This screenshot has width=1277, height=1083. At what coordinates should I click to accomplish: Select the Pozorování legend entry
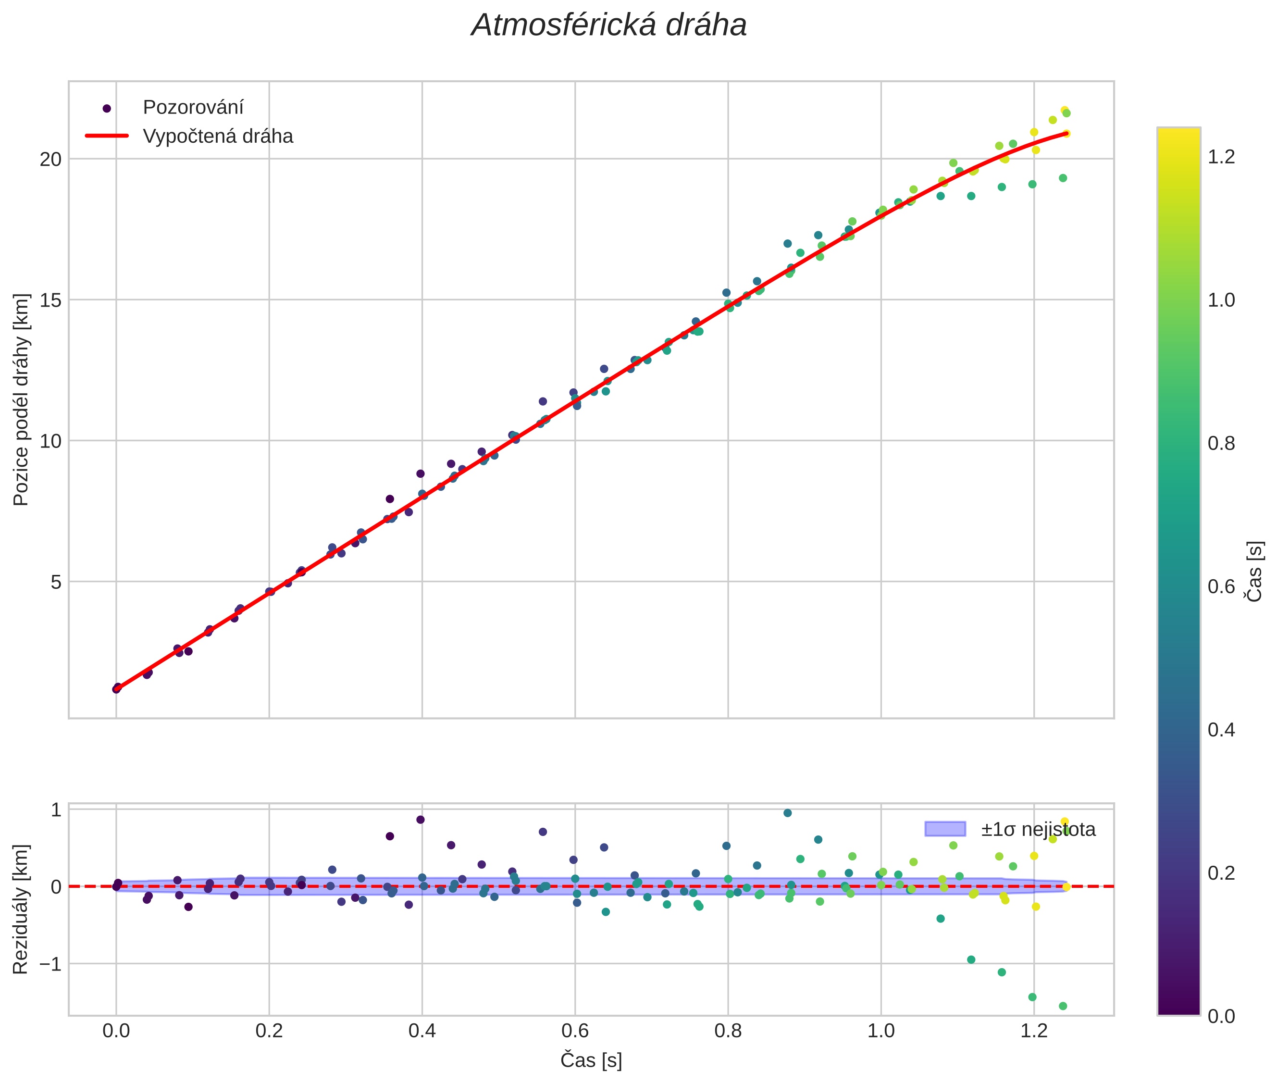tap(193, 108)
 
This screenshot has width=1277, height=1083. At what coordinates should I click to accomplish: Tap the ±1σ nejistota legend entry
tap(1038, 830)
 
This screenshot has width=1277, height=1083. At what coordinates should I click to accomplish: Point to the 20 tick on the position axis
tap(51, 159)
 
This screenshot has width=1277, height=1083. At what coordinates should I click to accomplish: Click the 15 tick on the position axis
tap(51, 300)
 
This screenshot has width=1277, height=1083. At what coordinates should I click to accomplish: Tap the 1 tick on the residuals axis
tap(57, 810)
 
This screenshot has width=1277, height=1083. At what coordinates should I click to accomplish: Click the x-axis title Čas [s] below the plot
tap(591, 1060)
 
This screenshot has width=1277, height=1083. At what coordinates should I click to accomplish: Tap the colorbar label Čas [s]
tap(1255, 571)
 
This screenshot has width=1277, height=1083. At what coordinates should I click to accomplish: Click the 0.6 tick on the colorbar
tap(1221, 586)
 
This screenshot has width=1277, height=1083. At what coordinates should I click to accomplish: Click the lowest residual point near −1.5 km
tap(1063, 1006)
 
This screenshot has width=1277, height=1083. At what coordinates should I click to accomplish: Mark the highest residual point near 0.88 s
tap(788, 813)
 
